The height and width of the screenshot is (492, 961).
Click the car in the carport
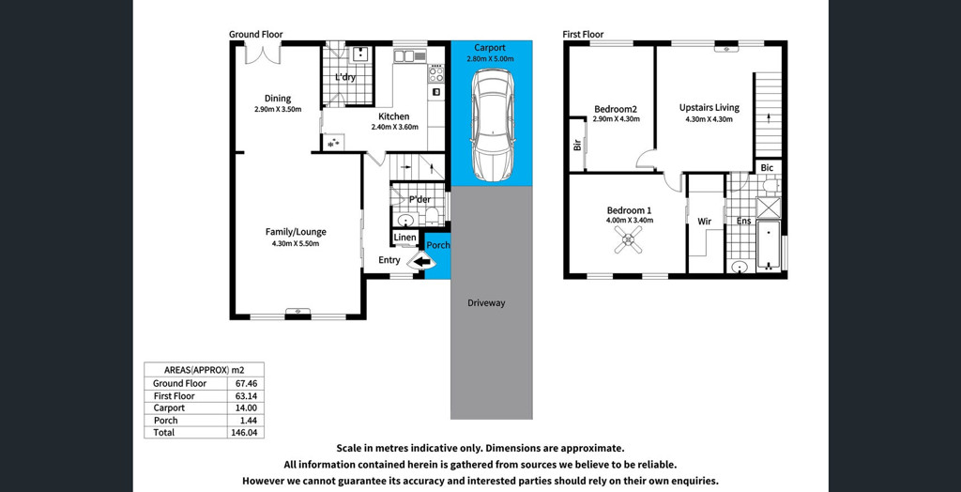(x=492, y=125)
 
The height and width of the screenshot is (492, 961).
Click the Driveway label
(x=486, y=303)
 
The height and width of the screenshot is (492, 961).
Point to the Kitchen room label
(x=394, y=116)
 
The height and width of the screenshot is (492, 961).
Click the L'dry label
(x=345, y=77)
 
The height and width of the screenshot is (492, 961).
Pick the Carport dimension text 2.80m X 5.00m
(x=490, y=59)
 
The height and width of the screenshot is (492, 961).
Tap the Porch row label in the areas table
(x=166, y=421)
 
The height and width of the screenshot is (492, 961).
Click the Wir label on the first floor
(x=704, y=221)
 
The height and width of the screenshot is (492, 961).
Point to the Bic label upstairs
(x=767, y=167)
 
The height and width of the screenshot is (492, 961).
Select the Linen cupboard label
(x=405, y=238)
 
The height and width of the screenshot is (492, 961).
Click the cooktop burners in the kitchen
(x=435, y=73)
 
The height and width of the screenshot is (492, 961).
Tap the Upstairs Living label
(x=709, y=107)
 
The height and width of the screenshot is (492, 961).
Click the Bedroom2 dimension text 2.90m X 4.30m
(x=616, y=119)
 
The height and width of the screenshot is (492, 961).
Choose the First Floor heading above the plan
(x=584, y=35)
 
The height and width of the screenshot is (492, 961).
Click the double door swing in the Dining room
(x=263, y=54)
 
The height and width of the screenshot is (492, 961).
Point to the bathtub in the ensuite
(x=768, y=245)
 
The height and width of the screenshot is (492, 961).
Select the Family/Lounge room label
(x=296, y=232)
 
